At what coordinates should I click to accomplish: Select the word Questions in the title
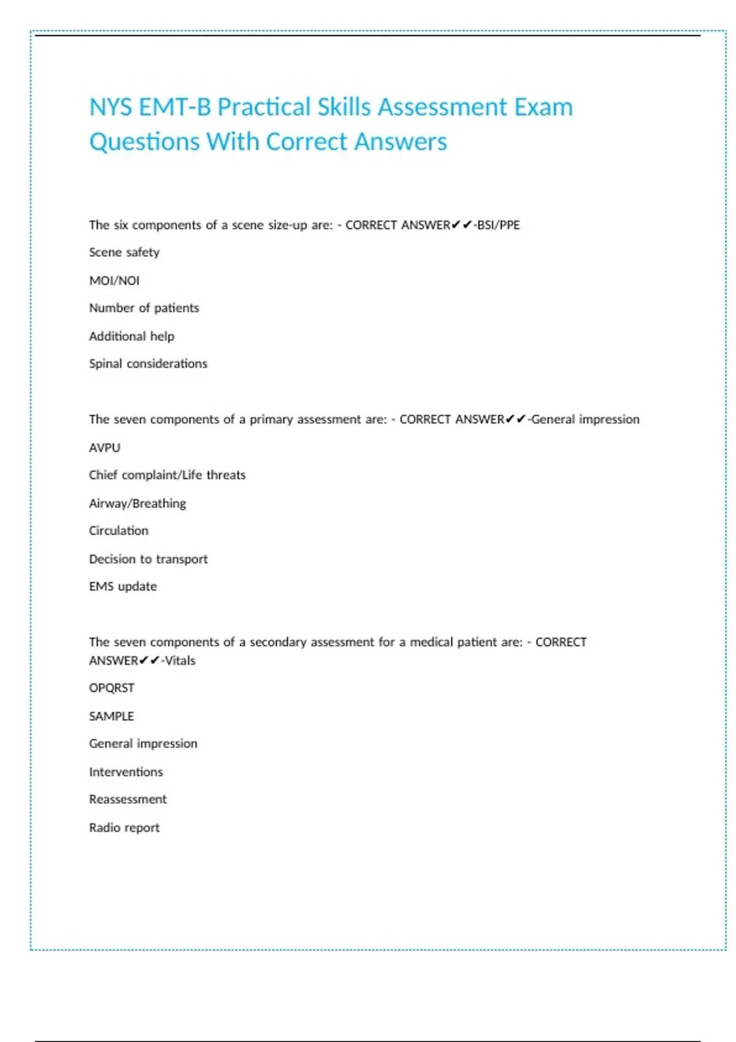pyautogui.click(x=144, y=142)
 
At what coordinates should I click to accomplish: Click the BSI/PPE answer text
pyautogui.click(x=499, y=225)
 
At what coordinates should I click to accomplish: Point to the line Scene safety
pyautogui.click(x=124, y=253)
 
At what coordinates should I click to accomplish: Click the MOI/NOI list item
pyautogui.click(x=114, y=281)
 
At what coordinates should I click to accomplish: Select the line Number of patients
pyautogui.click(x=144, y=308)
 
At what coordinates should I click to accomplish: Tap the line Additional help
pyautogui.click(x=131, y=336)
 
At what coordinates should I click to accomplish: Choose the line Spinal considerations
pyautogui.click(x=148, y=363)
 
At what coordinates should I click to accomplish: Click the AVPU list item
pyautogui.click(x=104, y=447)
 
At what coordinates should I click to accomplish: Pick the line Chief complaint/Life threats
pyautogui.click(x=167, y=475)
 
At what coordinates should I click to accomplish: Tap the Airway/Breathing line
pyautogui.click(x=137, y=503)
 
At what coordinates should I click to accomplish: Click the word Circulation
pyautogui.click(x=118, y=531)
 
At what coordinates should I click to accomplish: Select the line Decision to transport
pyautogui.click(x=148, y=559)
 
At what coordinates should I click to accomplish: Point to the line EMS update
pyautogui.click(x=123, y=587)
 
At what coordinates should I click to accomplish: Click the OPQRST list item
pyautogui.click(x=111, y=688)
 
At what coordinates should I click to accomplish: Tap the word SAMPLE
pyautogui.click(x=111, y=716)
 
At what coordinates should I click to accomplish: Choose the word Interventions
pyautogui.click(x=126, y=772)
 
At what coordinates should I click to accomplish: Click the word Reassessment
pyautogui.click(x=128, y=799)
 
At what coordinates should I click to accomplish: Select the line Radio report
pyautogui.click(x=124, y=827)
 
